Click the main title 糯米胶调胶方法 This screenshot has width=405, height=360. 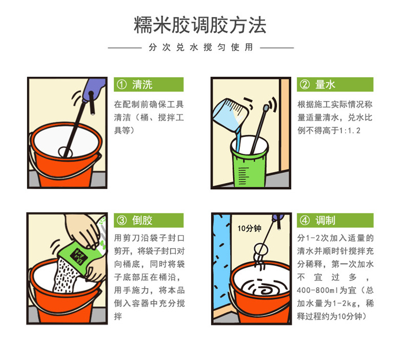(x=200, y=25)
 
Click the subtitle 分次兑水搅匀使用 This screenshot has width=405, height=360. (x=200, y=47)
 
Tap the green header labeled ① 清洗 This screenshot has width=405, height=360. (x=149, y=84)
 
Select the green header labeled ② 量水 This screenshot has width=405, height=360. (x=335, y=84)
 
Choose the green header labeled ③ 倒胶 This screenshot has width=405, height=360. (x=149, y=220)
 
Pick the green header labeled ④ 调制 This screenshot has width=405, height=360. (x=335, y=220)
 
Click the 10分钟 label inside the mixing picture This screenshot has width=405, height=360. (x=249, y=228)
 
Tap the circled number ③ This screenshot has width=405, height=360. (x=121, y=221)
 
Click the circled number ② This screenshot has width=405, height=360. (x=305, y=85)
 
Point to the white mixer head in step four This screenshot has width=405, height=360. (x=261, y=249)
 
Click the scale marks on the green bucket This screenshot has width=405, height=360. (x=243, y=176)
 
